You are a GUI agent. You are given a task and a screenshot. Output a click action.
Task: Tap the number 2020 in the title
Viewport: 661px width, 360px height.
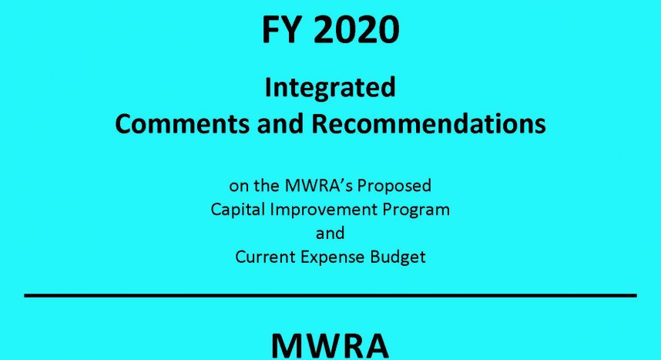357,30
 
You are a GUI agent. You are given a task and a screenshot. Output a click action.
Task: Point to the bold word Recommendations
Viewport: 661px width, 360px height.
428,124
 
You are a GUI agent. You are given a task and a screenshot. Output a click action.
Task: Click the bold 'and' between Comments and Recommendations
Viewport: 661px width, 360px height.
280,124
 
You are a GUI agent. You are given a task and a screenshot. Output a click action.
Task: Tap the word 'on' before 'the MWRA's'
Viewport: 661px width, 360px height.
237,186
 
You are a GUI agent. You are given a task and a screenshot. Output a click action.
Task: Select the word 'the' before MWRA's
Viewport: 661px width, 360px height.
267,185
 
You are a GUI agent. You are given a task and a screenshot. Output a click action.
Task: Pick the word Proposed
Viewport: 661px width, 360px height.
394,187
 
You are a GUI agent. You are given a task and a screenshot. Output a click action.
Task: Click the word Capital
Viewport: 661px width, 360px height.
237,210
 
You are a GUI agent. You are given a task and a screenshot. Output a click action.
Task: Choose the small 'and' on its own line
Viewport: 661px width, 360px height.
330,233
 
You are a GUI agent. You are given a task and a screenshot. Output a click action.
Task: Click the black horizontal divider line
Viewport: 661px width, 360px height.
330,295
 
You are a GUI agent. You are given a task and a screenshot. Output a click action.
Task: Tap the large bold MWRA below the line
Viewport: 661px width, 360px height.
330,345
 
